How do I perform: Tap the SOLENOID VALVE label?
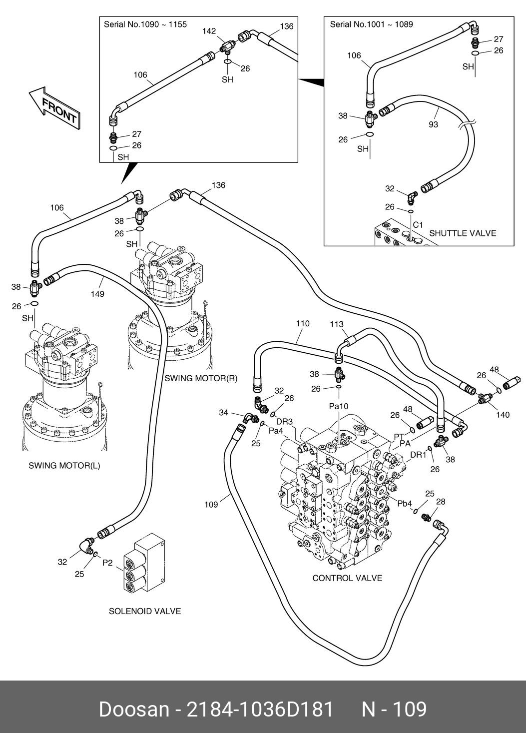tap(145, 611)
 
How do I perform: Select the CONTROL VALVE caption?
tap(347, 578)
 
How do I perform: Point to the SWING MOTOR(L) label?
tap(64, 466)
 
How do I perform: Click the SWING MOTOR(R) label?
tap(201, 378)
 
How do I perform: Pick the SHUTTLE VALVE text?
tap(463, 233)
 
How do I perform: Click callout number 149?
tap(97, 294)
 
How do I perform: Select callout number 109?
tap(211, 505)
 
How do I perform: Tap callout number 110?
tap(302, 323)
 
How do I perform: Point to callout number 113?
tap(337, 324)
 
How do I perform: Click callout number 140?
tap(503, 415)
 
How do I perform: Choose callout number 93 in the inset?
tap(433, 124)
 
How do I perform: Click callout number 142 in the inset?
tap(209, 31)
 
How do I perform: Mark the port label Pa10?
tap(338, 406)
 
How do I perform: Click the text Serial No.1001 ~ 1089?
tap(371, 24)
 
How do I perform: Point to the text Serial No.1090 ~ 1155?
tap(145, 24)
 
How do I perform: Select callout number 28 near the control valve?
tap(440, 502)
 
